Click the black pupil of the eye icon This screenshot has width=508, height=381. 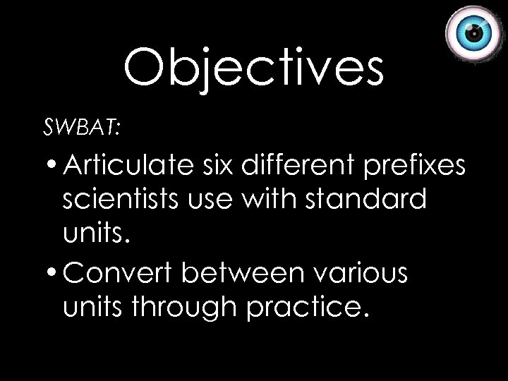(476, 33)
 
